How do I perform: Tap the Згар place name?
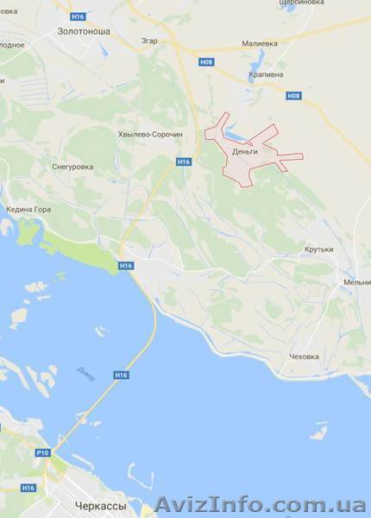(x=148, y=40)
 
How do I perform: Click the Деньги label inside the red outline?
(x=246, y=153)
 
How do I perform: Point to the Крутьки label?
(x=318, y=250)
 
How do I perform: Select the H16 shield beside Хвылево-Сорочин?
(x=183, y=161)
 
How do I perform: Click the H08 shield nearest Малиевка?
(x=205, y=62)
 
